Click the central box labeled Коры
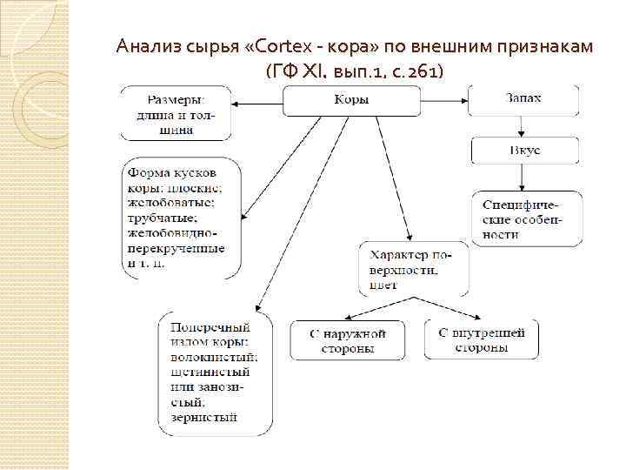[351, 100]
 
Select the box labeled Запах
[523, 99]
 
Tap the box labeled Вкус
[524, 151]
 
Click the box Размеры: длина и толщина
[176, 112]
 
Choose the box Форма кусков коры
[181, 218]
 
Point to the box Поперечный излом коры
[215, 373]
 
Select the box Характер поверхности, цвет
[413, 268]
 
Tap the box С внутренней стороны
[481, 339]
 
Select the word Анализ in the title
[143, 45]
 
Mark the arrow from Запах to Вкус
[523, 126]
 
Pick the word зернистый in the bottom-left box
[203, 418]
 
